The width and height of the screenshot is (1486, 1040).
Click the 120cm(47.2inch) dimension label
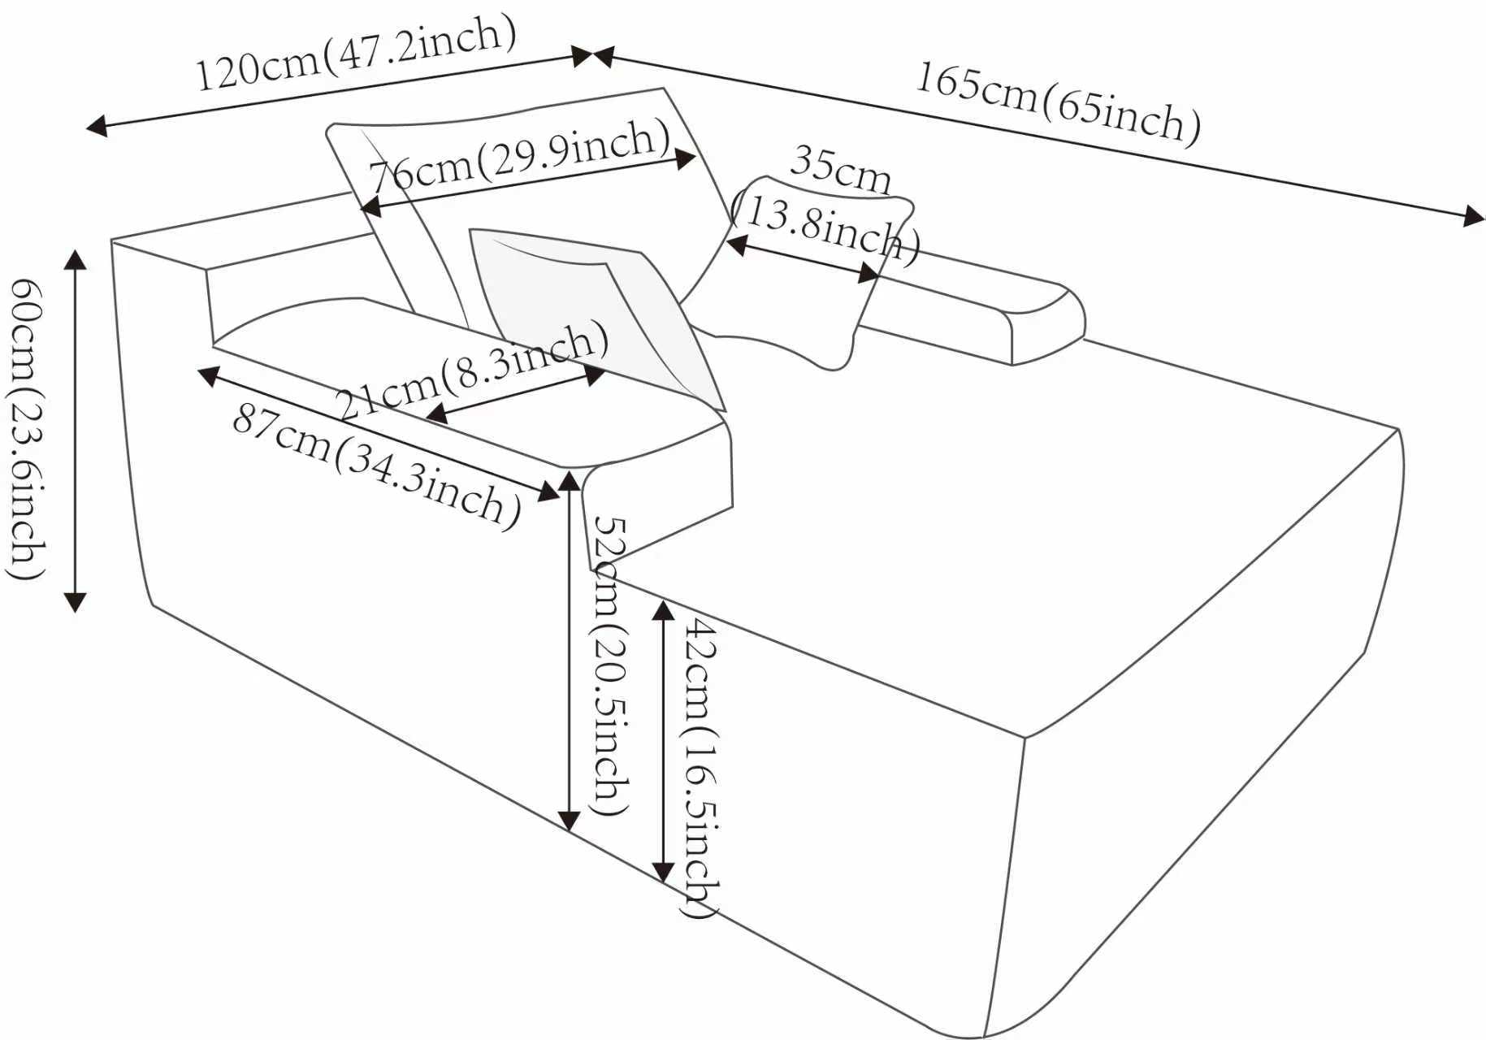pos(356,54)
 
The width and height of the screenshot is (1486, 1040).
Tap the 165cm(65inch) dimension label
pos(1059,103)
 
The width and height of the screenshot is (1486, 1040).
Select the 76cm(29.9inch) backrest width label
pos(520,157)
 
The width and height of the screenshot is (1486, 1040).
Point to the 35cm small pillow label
pos(840,168)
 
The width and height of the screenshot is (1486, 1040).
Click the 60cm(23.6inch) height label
pos(26,429)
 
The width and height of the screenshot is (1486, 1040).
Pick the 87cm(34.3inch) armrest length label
pos(377,466)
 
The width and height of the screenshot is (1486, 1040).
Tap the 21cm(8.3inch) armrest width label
pos(471,370)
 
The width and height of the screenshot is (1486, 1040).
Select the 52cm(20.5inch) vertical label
pos(611,666)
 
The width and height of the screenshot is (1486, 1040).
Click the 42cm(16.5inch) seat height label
pos(700,768)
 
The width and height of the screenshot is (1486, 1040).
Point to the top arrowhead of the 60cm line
pos(76,259)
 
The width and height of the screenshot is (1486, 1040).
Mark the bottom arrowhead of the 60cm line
pos(76,602)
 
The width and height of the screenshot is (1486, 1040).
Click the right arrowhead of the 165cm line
pos(1474,216)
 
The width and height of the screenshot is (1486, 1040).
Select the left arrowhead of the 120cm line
pos(96,126)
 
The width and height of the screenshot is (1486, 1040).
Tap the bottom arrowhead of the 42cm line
pos(664,873)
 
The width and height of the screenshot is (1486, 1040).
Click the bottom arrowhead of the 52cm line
pos(570,821)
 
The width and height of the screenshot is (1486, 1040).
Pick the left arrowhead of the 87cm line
pos(209,375)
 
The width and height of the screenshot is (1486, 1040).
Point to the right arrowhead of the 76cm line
pos(687,158)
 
